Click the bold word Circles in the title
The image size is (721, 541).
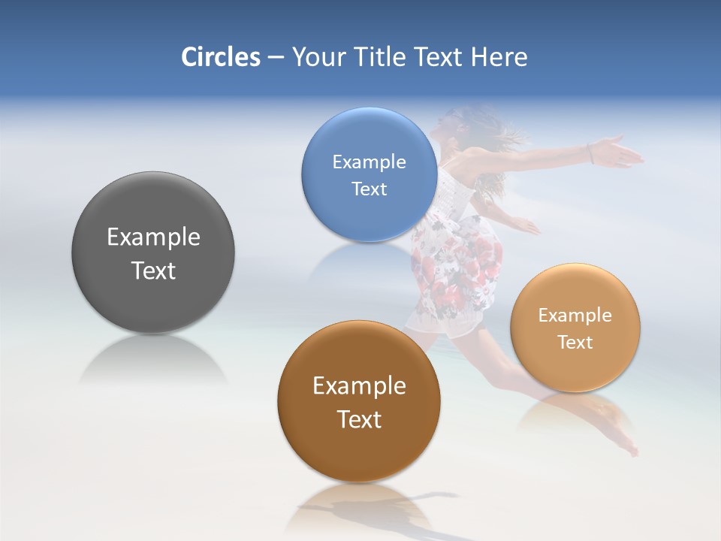220,57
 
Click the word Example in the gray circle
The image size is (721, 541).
153,237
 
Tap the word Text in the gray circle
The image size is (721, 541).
153,270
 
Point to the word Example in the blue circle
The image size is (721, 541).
369,162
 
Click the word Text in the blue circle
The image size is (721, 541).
369,189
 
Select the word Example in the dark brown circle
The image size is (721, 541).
359,386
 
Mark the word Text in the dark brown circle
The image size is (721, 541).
359,419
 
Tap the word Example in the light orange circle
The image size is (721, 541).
575,316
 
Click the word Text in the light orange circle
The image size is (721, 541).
575,343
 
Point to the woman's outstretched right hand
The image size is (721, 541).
623,153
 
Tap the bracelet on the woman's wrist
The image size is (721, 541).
592,153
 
